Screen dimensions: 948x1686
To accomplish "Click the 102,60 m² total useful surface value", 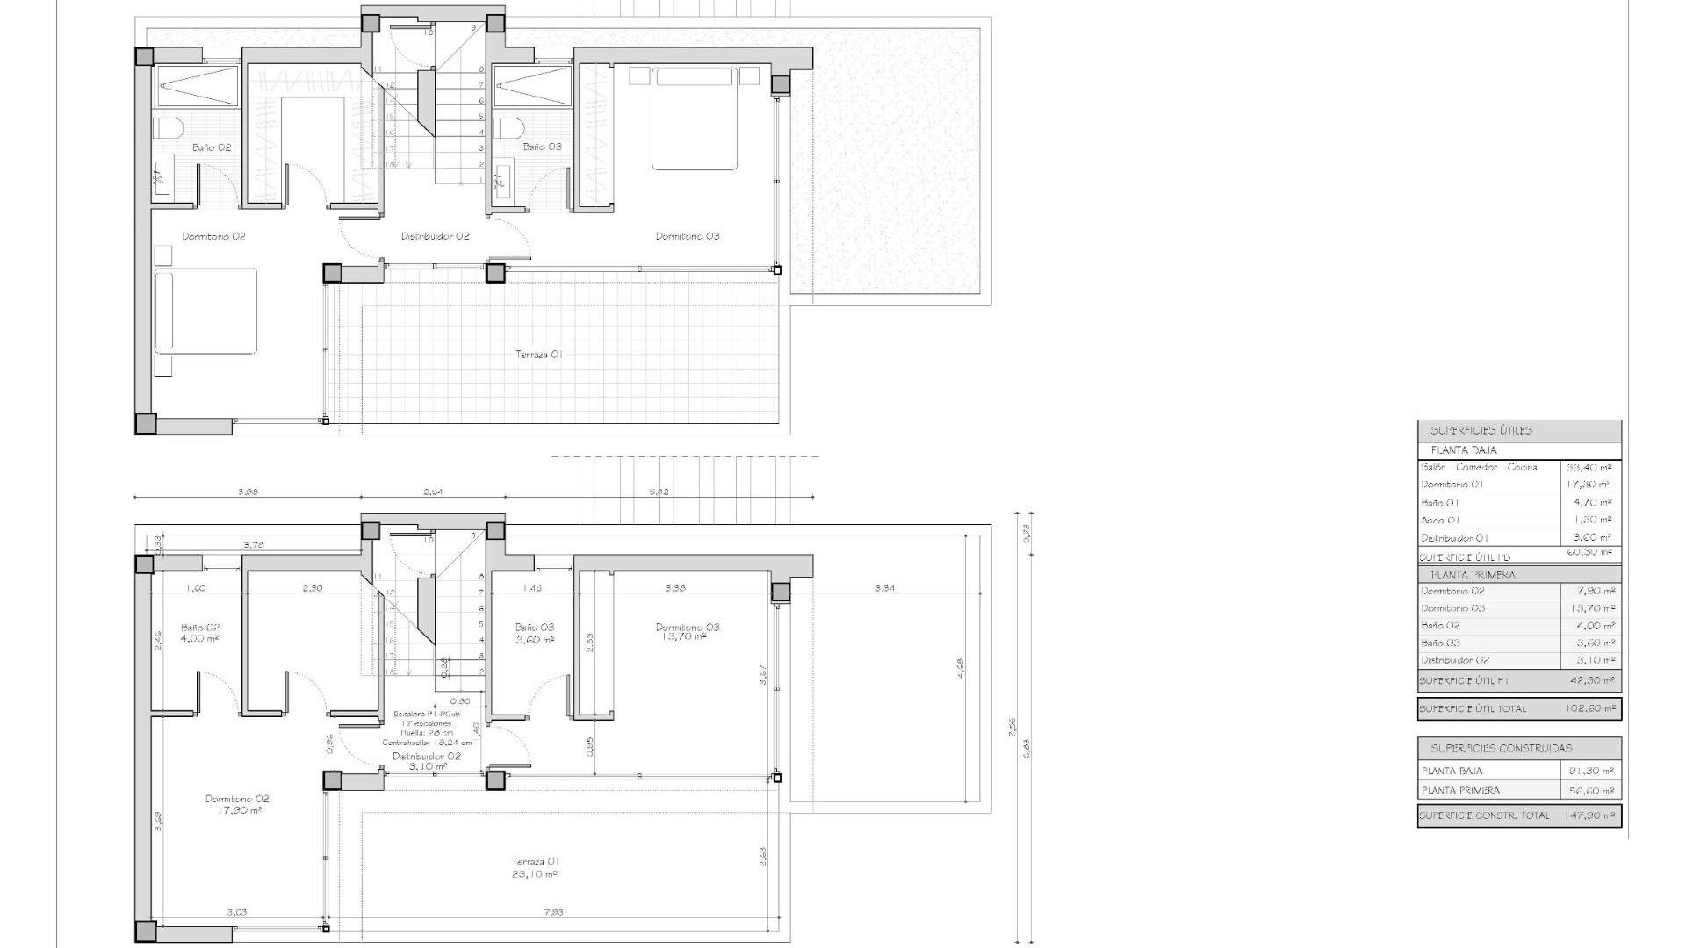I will (x=1590, y=708).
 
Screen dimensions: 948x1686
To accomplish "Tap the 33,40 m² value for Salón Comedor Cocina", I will (x=1589, y=468).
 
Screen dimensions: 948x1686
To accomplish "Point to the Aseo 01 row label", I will (x=1440, y=520).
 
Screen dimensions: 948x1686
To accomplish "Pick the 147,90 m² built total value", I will (x=1589, y=815).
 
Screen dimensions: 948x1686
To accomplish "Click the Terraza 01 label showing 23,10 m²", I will (x=536, y=867).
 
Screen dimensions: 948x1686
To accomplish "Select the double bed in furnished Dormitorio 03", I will (x=694, y=118).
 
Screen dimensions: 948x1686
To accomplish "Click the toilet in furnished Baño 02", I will (x=168, y=128).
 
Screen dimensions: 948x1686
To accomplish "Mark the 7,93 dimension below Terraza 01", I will (x=553, y=912).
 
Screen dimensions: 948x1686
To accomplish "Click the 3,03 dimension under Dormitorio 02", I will (x=236, y=912).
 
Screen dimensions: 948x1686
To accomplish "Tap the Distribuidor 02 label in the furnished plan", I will (x=436, y=236).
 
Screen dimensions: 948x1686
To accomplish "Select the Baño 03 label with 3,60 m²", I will (x=535, y=633).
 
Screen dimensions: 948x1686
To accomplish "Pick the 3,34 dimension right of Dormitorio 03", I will (x=884, y=588).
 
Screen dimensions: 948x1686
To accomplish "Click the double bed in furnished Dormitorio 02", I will (x=206, y=311).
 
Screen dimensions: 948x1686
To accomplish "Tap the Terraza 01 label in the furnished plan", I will (x=538, y=355).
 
